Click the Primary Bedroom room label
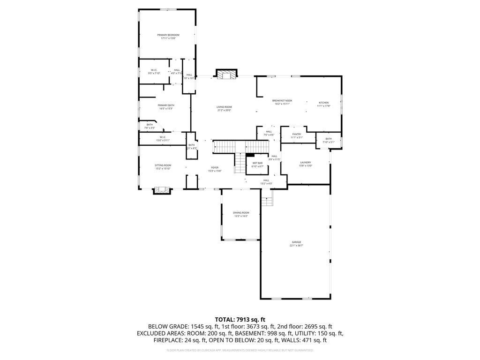(168, 35)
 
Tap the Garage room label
(296, 242)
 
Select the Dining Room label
(241, 213)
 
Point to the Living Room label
(224, 107)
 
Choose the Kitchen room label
(324, 103)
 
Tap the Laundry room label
(306, 162)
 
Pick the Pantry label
(296, 135)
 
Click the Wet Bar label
(257, 163)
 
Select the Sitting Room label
(163, 165)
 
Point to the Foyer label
(215, 167)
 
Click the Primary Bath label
(166, 105)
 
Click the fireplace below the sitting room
(162, 190)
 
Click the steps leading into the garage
(267, 201)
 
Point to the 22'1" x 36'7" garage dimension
(296, 246)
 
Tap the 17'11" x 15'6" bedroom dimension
(168, 38)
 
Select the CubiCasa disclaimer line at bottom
(240, 350)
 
